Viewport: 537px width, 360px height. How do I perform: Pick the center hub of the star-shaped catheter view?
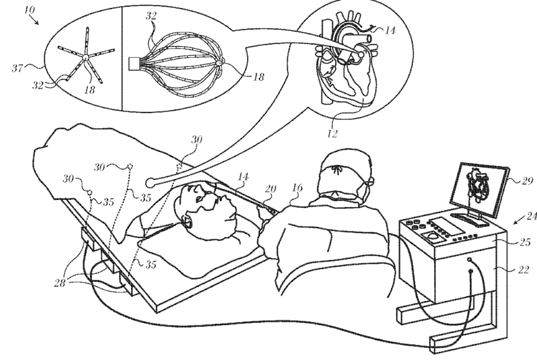(86, 57)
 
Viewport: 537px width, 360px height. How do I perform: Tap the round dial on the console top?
(433, 237)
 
